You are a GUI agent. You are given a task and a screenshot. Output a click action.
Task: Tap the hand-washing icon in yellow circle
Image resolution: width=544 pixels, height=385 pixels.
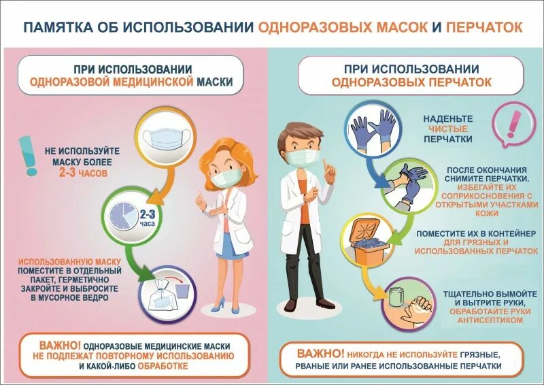pos(407,303)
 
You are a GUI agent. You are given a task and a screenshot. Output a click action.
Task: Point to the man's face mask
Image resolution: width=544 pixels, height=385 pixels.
pos(301,158)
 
